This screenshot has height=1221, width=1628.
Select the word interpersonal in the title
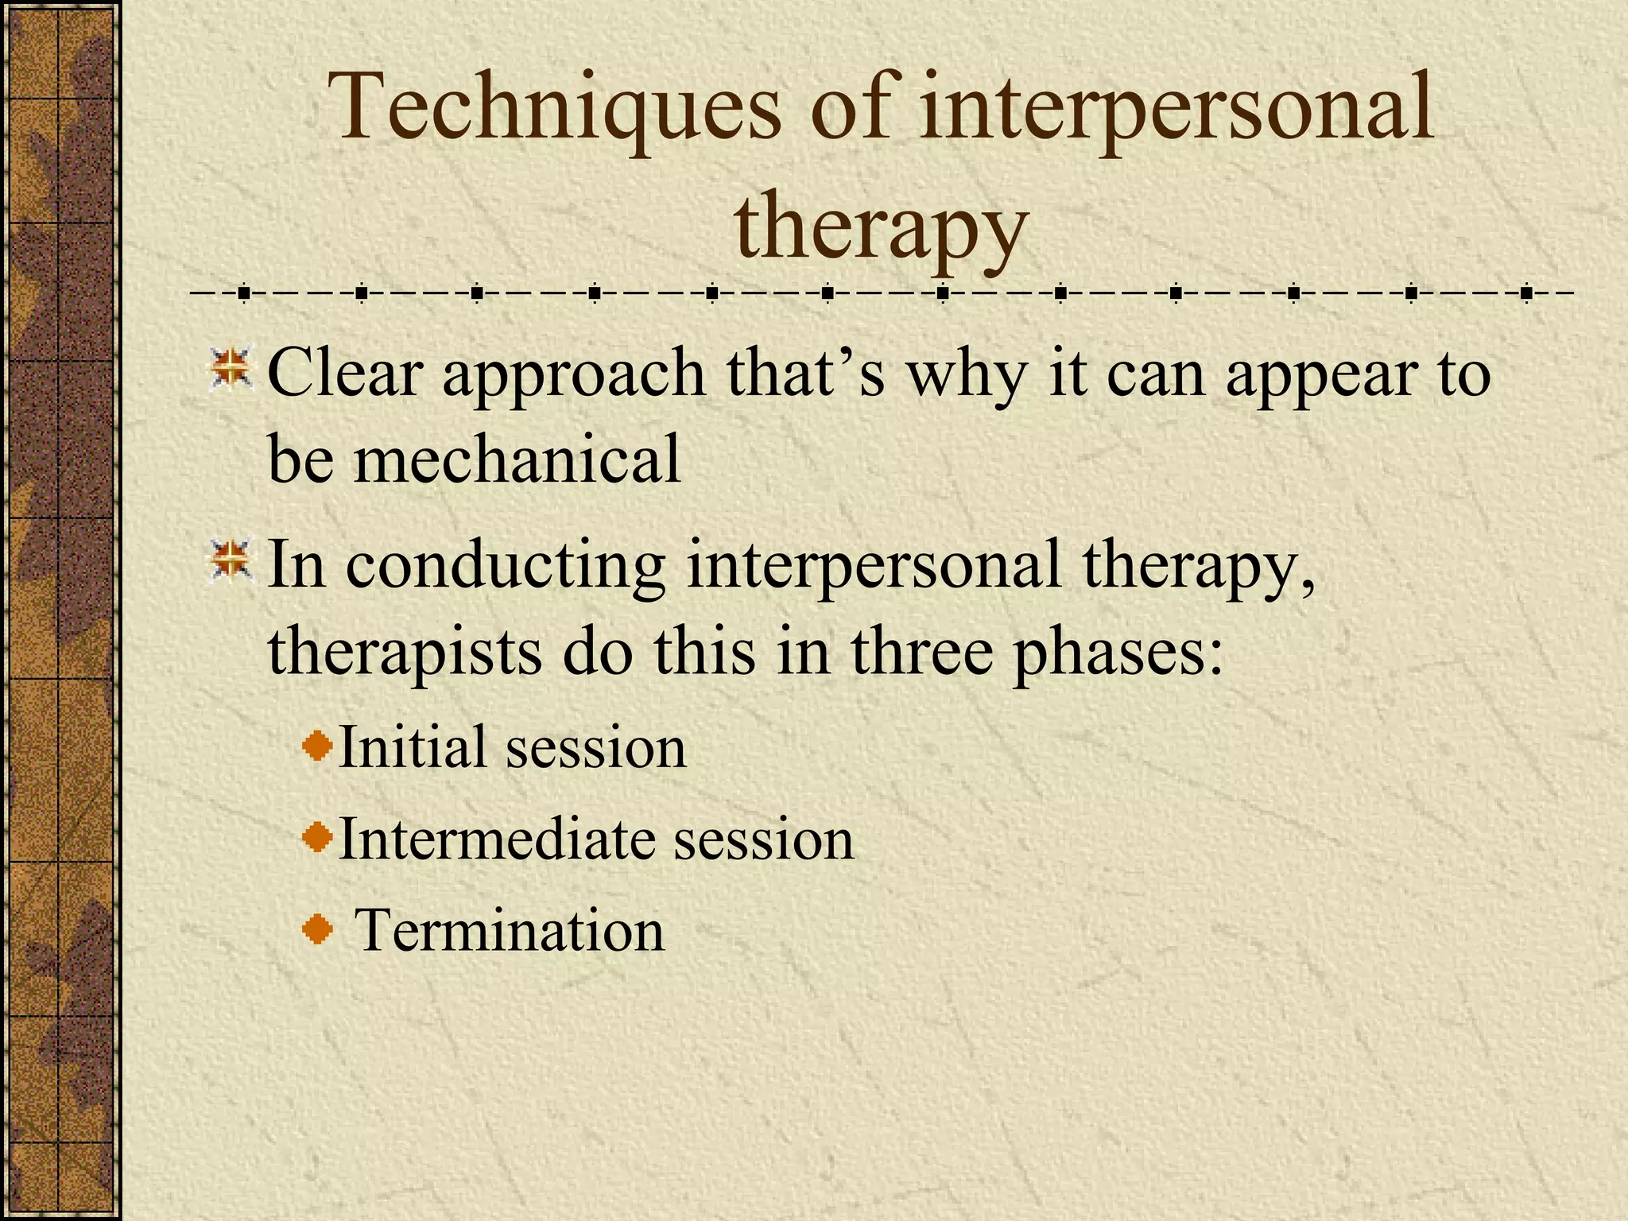[x=1176, y=107]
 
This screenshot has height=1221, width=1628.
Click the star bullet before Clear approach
[x=231, y=369]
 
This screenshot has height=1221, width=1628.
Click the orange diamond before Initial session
[x=318, y=746]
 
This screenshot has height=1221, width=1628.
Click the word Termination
[x=509, y=930]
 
